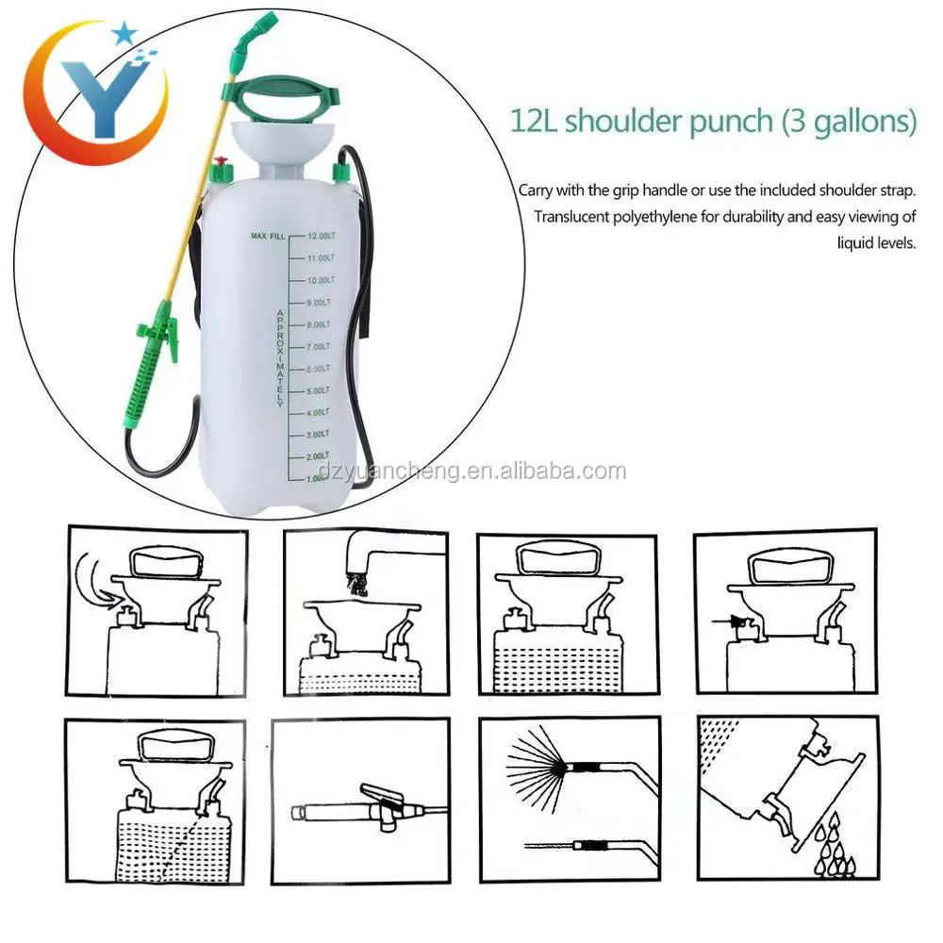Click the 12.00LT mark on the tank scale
tap(321, 235)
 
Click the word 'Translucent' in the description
tap(579, 217)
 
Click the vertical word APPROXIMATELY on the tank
tap(280, 357)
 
